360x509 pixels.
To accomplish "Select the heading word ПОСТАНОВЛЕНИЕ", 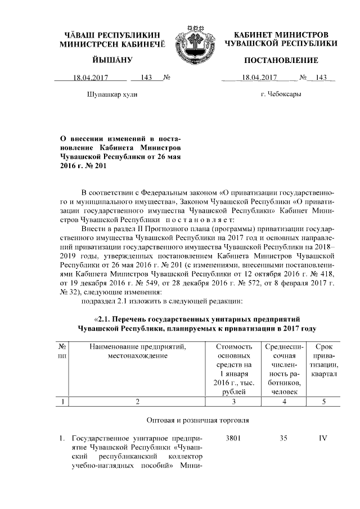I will (281, 60).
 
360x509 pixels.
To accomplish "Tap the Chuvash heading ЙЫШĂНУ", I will (110, 60).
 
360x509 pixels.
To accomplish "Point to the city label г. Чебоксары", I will (281, 94).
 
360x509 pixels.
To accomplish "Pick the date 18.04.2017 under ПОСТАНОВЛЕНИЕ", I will (260, 77).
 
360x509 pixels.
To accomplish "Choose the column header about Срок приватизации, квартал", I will (323, 361).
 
